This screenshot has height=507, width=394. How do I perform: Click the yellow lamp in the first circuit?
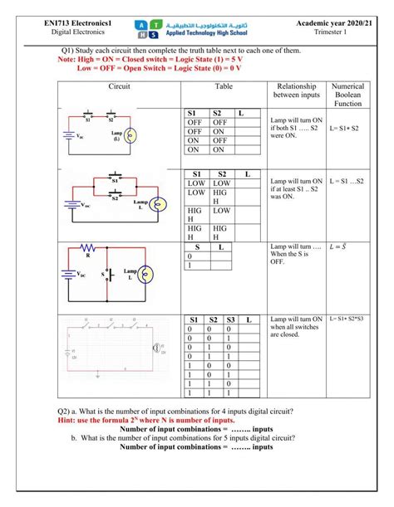pos(130,134)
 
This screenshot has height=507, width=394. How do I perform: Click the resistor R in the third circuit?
pos(89,250)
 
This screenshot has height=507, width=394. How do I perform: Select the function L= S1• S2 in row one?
pos(343,129)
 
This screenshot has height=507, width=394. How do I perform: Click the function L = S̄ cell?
pos(337,246)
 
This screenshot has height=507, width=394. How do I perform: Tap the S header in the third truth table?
pos(197,247)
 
